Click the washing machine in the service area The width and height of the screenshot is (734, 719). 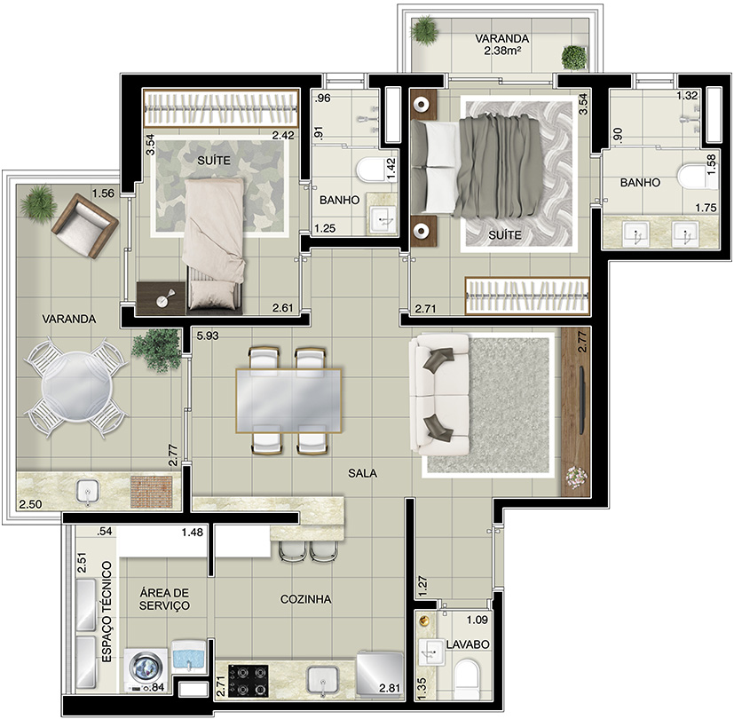coord(146,670)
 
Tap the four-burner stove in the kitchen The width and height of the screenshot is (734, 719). coord(249,680)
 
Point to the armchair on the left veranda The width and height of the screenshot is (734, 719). coord(84,226)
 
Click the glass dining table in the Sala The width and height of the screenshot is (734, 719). coord(288,400)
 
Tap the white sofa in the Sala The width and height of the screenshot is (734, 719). coord(439,394)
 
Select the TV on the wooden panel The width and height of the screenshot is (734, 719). coord(582,400)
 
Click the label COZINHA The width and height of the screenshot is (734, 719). coord(305,599)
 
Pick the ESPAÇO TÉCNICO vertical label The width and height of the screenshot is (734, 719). coord(107,612)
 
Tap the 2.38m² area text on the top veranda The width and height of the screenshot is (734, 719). coord(502,51)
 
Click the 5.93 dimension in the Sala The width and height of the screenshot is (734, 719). coord(208,336)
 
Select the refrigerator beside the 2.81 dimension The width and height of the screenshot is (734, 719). coord(380,673)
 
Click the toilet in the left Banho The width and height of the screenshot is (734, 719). coord(369,170)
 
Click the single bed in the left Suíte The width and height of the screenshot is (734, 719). coord(214,244)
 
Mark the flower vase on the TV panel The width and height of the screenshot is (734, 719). coord(576,477)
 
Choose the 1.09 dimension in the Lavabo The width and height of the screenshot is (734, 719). coord(477,620)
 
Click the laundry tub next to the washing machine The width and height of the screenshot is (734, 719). coord(189,657)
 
